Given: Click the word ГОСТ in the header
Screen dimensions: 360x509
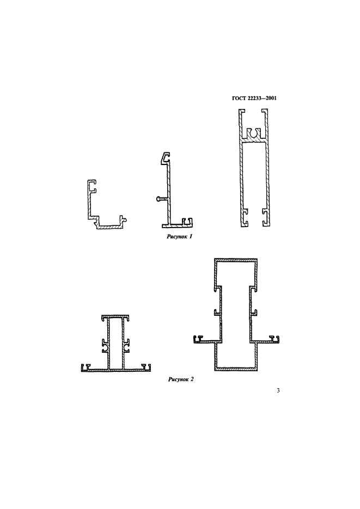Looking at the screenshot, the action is (239, 98).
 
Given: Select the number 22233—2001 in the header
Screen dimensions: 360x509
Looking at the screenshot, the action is (262, 98).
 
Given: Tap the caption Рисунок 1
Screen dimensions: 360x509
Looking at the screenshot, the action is (180, 237).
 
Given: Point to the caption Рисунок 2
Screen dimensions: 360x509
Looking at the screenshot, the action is (181, 379).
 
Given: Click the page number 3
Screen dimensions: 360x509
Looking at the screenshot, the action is (278, 390).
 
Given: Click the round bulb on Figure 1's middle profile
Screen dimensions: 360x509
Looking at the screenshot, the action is (158, 199).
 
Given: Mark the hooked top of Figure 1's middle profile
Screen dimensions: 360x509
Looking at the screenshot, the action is (166, 157).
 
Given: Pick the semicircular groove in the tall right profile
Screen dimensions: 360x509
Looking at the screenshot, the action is (254, 133).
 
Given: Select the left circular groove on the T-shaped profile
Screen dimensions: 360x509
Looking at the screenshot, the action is (105, 348).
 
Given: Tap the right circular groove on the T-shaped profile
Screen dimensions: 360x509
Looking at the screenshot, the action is (127, 348).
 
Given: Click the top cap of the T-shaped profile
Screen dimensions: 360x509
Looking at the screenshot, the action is (116, 316).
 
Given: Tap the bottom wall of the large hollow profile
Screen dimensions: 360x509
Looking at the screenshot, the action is (236, 369).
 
